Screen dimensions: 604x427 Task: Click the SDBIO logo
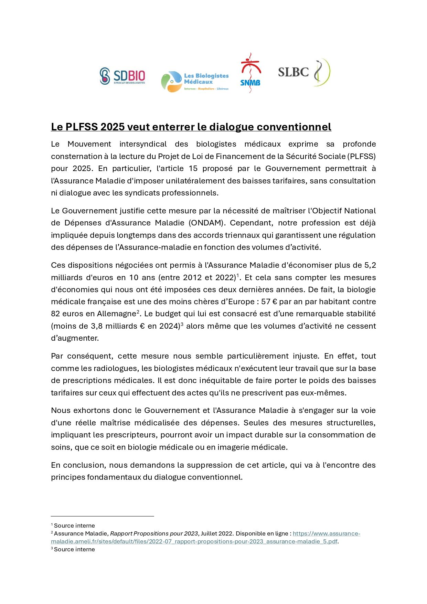[122, 76]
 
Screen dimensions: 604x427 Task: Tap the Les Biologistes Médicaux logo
[195, 81]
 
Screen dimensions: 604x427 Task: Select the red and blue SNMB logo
[250, 73]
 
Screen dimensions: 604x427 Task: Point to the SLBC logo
[304, 72]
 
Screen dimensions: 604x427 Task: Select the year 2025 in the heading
[113, 127]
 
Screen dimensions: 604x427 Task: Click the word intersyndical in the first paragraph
[143, 144]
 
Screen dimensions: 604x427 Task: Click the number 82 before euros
[56, 314]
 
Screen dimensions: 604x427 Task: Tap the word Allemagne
[117, 314]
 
